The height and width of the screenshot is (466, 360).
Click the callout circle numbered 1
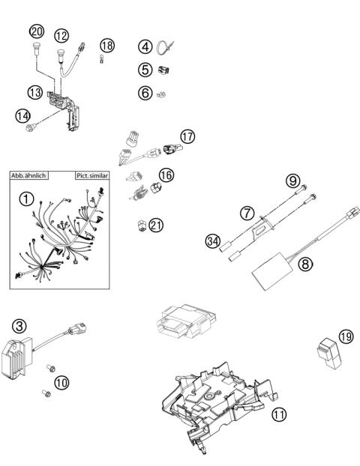pyautogui.click(x=28, y=200)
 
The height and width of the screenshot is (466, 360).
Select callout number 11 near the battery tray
pyautogui.click(x=278, y=412)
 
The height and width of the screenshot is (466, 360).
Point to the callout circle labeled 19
pyautogui.click(x=344, y=336)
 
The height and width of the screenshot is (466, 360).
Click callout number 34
pyautogui.click(x=211, y=241)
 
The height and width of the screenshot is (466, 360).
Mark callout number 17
pyautogui.click(x=187, y=137)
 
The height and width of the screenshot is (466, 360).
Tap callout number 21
pyautogui.click(x=156, y=224)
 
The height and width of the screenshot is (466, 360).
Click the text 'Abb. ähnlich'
pyautogui.click(x=29, y=175)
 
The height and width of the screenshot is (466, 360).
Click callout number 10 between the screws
pyautogui.click(x=61, y=381)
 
